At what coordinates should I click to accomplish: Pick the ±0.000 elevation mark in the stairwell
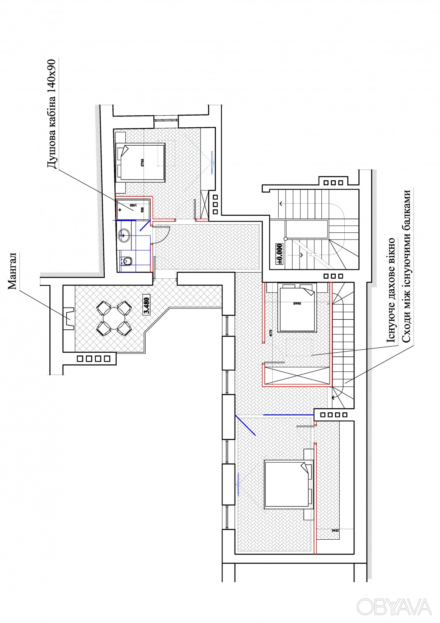point(279,253)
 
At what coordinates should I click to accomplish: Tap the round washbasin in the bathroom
point(124,234)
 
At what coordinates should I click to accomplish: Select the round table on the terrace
point(113,318)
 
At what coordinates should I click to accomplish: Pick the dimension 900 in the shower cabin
point(143,209)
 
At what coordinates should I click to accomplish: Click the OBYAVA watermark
point(394,607)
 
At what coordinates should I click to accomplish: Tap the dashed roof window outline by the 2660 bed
point(299,347)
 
